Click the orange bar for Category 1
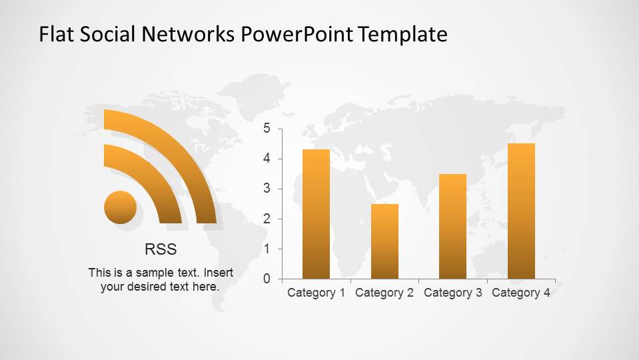coord(316,213)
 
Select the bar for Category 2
coord(384,241)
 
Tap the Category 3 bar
coord(452,226)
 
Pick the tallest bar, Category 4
coord(521,211)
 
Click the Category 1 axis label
coord(316,293)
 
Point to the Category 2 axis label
coord(384,293)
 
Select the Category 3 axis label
coord(452,293)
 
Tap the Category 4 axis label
coord(521,293)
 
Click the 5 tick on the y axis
coord(267,129)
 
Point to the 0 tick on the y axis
coord(267,279)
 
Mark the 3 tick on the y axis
coord(267,189)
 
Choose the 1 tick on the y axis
coord(267,249)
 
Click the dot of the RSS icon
coord(121,207)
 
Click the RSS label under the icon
coord(161,249)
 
